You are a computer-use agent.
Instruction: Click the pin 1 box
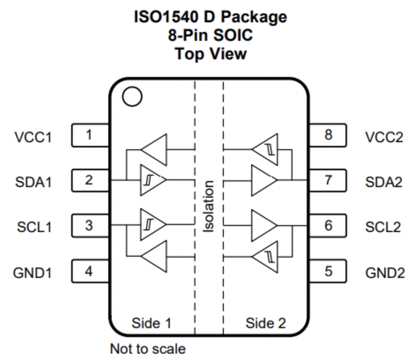tap(90, 135)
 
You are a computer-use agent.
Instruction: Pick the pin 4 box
tap(90, 271)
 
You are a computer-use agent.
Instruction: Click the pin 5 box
tap(328, 271)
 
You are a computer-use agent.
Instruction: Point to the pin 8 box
tap(328, 135)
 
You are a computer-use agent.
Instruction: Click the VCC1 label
tap(33, 137)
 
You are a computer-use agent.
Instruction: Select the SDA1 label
tap(34, 182)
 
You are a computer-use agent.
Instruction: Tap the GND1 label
tap(33, 272)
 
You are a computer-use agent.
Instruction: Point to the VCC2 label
tap(384, 137)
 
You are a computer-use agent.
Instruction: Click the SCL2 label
tap(383, 227)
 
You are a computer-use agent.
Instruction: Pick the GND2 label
tap(385, 272)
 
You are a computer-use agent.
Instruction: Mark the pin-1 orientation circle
tap(132, 97)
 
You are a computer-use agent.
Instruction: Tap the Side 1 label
tap(151, 323)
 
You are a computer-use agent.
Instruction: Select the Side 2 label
tap(265, 323)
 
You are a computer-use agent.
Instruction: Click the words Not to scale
tap(148, 349)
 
